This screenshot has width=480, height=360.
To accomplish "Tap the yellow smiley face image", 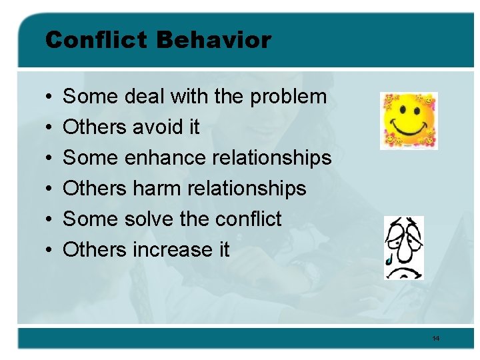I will click(x=408, y=121).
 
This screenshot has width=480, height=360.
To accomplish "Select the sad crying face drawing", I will click(x=404, y=247).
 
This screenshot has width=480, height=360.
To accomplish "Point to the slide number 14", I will click(x=436, y=339).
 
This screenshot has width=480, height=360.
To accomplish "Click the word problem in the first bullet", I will click(x=288, y=97).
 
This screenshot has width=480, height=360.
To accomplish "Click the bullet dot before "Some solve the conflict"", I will click(x=50, y=220).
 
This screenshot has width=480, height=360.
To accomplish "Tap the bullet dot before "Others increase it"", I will click(x=50, y=251).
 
